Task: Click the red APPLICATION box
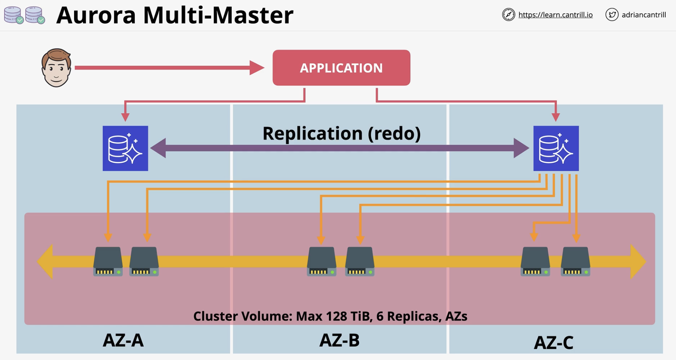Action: click(x=341, y=67)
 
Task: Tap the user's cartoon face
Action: click(x=56, y=68)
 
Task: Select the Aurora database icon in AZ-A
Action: click(x=125, y=148)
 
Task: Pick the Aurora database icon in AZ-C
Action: click(x=556, y=148)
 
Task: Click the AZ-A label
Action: click(x=123, y=340)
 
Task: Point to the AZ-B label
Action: click(x=339, y=340)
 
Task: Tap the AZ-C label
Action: click(x=553, y=343)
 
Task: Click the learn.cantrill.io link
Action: click(x=555, y=15)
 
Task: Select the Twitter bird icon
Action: click(x=612, y=15)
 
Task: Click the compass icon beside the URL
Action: click(x=509, y=15)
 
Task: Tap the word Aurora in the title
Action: click(x=96, y=15)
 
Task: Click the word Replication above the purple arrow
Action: click(x=312, y=134)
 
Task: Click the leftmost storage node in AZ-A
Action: click(x=108, y=261)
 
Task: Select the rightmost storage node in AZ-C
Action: click(x=576, y=261)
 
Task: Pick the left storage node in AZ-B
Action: click(x=321, y=261)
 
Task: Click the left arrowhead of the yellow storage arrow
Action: click(x=45, y=261)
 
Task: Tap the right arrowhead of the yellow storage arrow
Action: click(x=638, y=261)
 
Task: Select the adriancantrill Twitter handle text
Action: click(x=644, y=15)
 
